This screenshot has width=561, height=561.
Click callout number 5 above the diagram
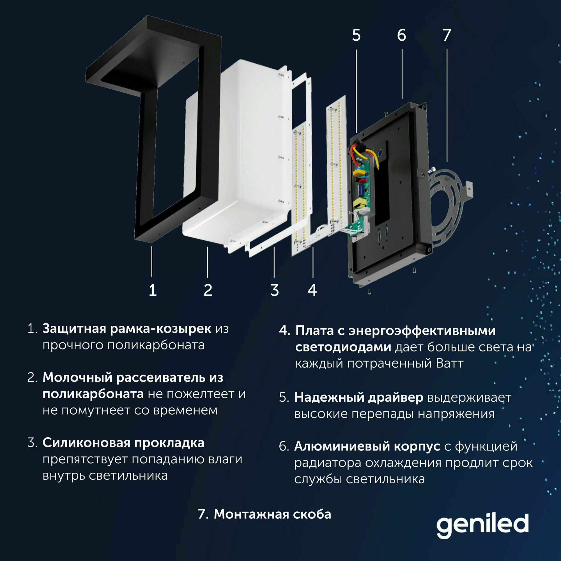pyautogui.click(x=356, y=35)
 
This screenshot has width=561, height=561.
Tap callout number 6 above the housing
pyautogui.click(x=402, y=35)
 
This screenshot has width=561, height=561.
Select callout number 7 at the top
pyautogui.click(x=447, y=35)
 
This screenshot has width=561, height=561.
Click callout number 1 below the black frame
pyautogui.click(x=153, y=290)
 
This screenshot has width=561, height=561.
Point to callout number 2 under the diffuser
pyautogui.click(x=208, y=290)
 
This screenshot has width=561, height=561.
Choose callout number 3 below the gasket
pyautogui.click(x=275, y=290)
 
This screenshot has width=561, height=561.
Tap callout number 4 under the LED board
pyautogui.click(x=312, y=290)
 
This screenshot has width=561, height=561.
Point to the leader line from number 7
pyautogui.click(x=447, y=105)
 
